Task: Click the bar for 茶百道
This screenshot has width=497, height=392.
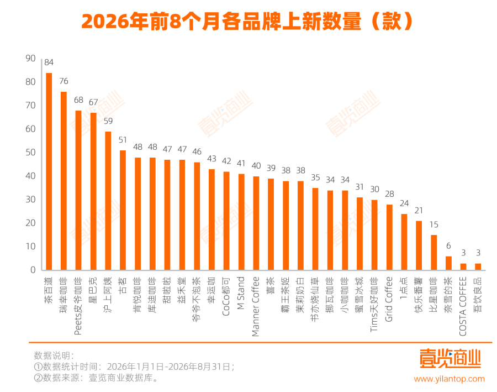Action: (x=49, y=171)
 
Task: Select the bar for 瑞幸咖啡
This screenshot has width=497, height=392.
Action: (x=64, y=181)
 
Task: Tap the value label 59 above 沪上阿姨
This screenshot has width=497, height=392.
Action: (x=108, y=121)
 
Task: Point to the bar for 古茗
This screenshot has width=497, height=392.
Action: (x=123, y=210)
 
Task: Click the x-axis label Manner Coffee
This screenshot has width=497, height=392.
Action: (x=256, y=307)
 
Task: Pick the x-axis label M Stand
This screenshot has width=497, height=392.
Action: (x=241, y=293)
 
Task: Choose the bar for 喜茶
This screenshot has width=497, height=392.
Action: (x=271, y=224)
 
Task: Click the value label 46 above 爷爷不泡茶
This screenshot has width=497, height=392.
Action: (x=197, y=151)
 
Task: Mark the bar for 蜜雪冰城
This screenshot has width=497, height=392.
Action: (x=359, y=234)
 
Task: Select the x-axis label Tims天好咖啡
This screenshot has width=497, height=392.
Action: (x=374, y=305)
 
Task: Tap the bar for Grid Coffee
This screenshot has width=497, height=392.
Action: (x=389, y=237)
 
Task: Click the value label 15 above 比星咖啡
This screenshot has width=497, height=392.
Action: (x=433, y=224)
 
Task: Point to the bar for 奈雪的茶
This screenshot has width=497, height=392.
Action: (x=448, y=263)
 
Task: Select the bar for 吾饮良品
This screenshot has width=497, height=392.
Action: (x=478, y=266)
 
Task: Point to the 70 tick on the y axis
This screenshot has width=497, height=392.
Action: (x=30, y=106)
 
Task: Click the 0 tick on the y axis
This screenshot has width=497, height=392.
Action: (x=33, y=270)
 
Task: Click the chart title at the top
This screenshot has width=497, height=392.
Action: (x=247, y=21)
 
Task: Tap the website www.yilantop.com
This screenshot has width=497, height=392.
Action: (x=449, y=379)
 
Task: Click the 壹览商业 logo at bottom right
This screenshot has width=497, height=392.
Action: (x=451, y=358)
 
